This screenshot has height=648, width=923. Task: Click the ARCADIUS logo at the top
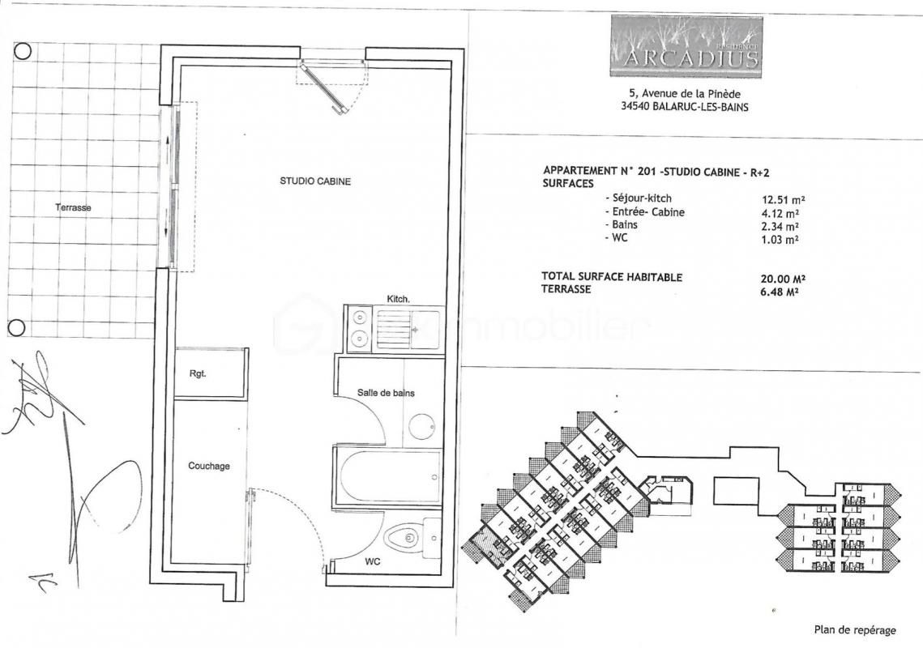(x=686, y=46)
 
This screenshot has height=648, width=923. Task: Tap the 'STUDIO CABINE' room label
(x=315, y=181)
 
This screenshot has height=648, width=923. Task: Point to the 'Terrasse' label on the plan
(x=73, y=207)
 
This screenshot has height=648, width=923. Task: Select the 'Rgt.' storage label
(x=198, y=373)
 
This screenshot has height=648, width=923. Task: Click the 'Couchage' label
(x=209, y=466)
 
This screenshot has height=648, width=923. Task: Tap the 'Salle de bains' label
(x=386, y=393)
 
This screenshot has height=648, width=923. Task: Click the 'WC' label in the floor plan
(x=373, y=561)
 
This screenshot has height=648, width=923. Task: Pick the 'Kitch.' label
(x=398, y=299)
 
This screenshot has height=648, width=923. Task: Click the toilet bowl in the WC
(x=403, y=537)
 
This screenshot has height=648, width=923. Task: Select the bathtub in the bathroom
(x=387, y=477)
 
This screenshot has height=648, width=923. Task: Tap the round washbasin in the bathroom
(x=422, y=426)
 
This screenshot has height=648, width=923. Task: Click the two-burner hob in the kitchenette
(x=358, y=327)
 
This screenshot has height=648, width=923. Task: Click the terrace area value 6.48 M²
(x=780, y=291)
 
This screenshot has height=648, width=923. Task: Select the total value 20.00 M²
(x=784, y=279)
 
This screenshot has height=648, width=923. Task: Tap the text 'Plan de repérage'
(x=855, y=629)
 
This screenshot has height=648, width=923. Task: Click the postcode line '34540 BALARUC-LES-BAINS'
(x=685, y=107)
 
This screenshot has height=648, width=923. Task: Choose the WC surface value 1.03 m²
(x=780, y=239)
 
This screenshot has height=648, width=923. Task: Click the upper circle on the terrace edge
(x=22, y=51)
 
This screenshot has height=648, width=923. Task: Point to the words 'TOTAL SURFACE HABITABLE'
(x=612, y=277)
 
